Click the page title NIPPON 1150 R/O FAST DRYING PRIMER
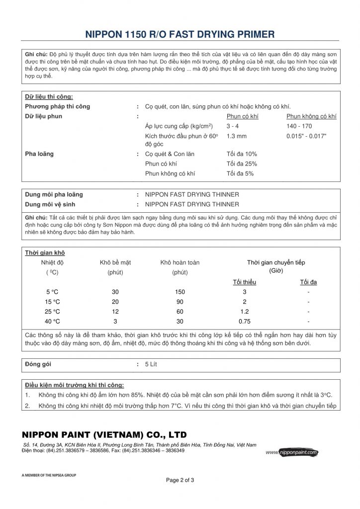[x=180, y=34]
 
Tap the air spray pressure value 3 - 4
[x=233, y=126]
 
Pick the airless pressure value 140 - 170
[x=299, y=126]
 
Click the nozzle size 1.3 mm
[x=236, y=135]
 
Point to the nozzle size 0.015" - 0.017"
[x=307, y=135]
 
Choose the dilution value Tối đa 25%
[x=242, y=164]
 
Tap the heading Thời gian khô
[x=45, y=253]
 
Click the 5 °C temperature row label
[x=52, y=292]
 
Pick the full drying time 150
[x=180, y=292]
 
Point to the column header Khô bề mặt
[x=115, y=262]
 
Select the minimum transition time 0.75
[x=244, y=321]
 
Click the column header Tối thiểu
[x=244, y=282]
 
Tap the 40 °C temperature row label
[x=52, y=321]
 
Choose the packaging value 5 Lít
[x=151, y=364]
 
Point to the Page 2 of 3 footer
[x=180, y=480]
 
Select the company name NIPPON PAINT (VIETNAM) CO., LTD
[x=104, y=434]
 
